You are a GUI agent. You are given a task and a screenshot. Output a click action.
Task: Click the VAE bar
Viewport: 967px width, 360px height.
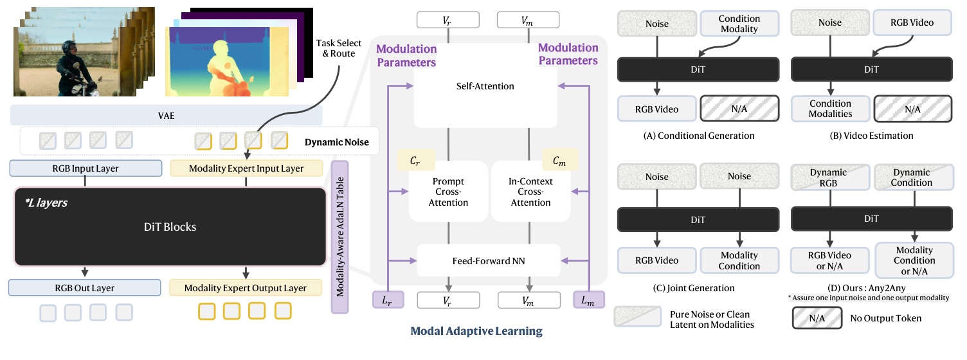(166, 116)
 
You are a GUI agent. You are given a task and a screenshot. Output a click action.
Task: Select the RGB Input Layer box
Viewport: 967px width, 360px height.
(86, 168)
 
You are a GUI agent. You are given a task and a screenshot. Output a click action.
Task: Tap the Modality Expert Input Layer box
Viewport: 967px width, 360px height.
(246, 168)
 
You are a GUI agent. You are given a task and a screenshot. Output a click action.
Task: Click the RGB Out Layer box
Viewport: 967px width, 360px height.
(86, 287)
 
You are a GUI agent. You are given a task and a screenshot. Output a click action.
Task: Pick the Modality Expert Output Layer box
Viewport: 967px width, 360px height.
(246, 287)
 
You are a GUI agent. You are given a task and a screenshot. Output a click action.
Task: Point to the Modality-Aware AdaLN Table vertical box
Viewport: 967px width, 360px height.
(339, 237)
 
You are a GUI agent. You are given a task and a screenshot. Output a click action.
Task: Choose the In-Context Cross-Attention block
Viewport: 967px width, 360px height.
(530, 192)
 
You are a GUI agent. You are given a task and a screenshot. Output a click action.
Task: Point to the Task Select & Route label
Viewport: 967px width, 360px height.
(336, 48)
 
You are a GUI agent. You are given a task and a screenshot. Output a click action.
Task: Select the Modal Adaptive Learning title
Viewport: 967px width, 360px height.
(476, 332)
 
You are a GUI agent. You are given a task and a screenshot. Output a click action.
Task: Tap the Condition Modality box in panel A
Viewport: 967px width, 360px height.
(739, 24)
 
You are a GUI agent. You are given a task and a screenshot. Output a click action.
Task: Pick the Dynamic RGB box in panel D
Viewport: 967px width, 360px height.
(830, 177)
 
